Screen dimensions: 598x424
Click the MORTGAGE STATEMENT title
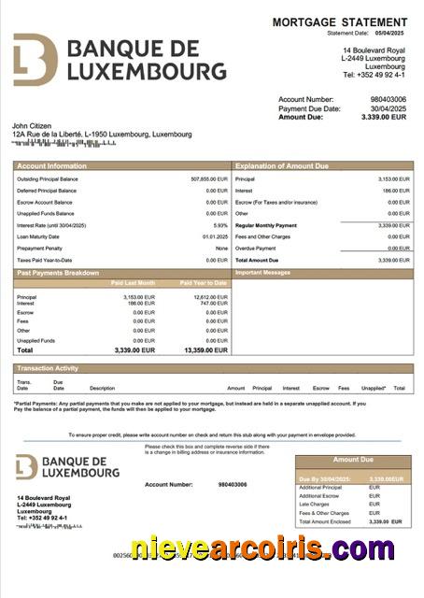(x=339, y=21)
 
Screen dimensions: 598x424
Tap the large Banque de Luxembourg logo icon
(x=35, y=60)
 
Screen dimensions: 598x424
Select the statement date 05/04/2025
(x=392, y=33)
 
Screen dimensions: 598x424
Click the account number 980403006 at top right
(x=389, y=98)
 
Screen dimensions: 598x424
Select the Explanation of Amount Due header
(x=281, y=165)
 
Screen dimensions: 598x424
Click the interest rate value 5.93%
(x=220, y=225)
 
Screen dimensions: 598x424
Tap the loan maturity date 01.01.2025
(x=215, y=236)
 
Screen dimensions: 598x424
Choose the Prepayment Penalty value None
(x=221, y=249)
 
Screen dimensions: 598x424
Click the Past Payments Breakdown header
(x=57, y=273)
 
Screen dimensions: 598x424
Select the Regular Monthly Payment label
(x=266, y=225)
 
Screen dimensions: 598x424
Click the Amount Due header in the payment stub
(x=353, y=460)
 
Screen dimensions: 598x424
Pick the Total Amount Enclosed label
(x=326, y=521)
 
